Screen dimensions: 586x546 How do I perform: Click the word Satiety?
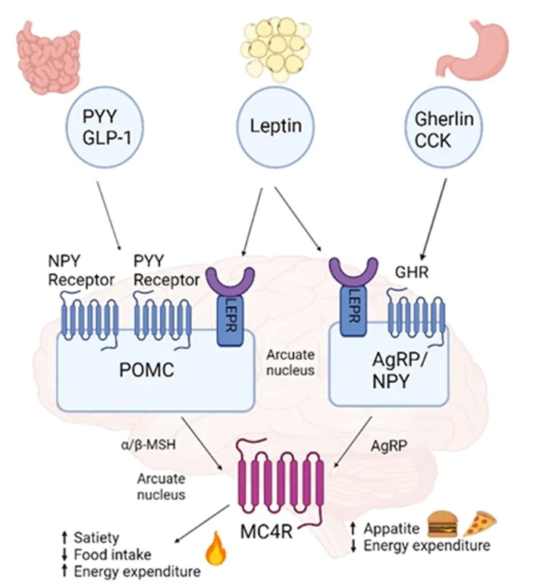[96, 538]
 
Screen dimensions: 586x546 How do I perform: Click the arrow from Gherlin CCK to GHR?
[431, 219]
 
